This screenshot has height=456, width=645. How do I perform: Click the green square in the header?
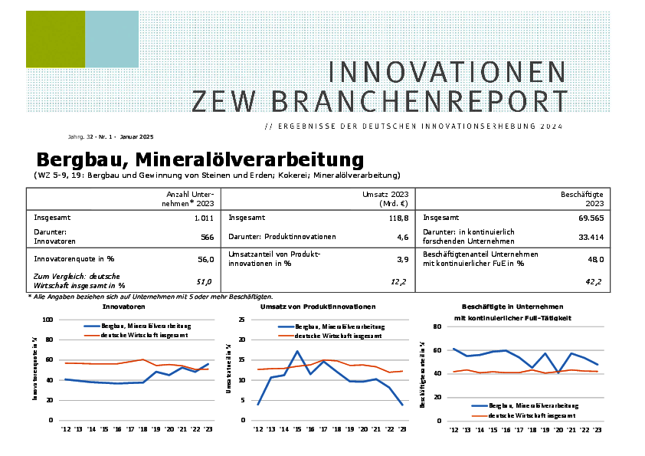tap(55, 39)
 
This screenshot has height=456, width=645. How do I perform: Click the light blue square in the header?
tap(111, 39)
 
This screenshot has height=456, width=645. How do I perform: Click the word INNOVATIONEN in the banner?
tap(447, 72)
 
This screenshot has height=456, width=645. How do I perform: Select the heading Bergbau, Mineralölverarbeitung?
tap(199, 160)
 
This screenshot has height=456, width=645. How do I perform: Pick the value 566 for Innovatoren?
tap(207, 238)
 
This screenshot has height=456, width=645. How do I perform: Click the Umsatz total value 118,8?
tap(396, 218)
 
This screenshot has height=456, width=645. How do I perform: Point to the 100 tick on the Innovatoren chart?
tap(47, 320)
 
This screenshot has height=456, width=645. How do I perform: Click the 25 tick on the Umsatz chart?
tap(243, 320)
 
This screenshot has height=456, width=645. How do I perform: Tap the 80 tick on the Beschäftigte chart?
tap(439, 326)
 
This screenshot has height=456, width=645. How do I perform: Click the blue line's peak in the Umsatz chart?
tap(296, 351)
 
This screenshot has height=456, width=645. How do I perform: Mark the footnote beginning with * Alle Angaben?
tap(150, 296)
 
